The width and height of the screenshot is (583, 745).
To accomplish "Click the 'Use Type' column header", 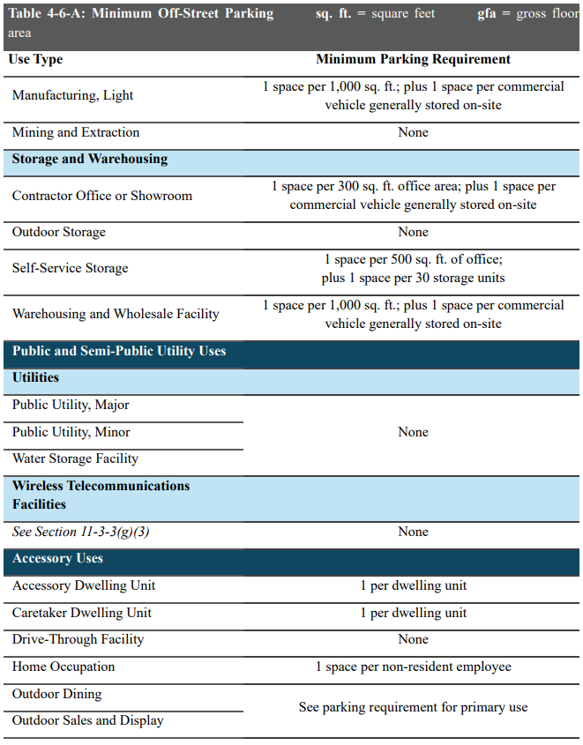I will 35,60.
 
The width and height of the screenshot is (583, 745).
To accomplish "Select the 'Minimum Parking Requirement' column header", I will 413,60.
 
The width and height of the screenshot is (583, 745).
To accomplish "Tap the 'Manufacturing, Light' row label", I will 72,95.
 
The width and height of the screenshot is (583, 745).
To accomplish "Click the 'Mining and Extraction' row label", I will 76,133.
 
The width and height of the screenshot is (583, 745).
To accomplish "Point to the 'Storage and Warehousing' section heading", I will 90,160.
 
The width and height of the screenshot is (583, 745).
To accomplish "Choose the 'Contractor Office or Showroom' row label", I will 102,196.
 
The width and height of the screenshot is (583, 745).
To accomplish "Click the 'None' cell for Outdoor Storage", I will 413,233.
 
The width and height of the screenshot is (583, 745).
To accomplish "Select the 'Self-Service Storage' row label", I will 71,268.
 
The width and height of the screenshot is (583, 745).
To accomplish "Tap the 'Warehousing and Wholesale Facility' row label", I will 116,314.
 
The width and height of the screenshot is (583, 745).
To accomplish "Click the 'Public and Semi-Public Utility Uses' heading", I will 119,351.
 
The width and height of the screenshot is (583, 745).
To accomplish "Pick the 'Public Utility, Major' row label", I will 71,406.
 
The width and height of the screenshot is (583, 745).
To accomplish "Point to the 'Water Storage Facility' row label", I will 75,458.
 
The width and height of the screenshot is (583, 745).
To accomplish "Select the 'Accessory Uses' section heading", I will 58,559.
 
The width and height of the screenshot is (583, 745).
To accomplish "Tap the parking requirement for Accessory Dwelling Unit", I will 413,586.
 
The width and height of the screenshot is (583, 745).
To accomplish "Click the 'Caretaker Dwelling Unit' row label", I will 82,613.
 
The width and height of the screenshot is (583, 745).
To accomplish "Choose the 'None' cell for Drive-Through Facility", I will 413,640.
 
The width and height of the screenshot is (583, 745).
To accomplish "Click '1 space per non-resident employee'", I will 413,667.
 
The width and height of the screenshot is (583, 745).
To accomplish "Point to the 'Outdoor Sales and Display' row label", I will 88,721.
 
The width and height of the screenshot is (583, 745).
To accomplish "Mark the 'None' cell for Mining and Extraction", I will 413,133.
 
